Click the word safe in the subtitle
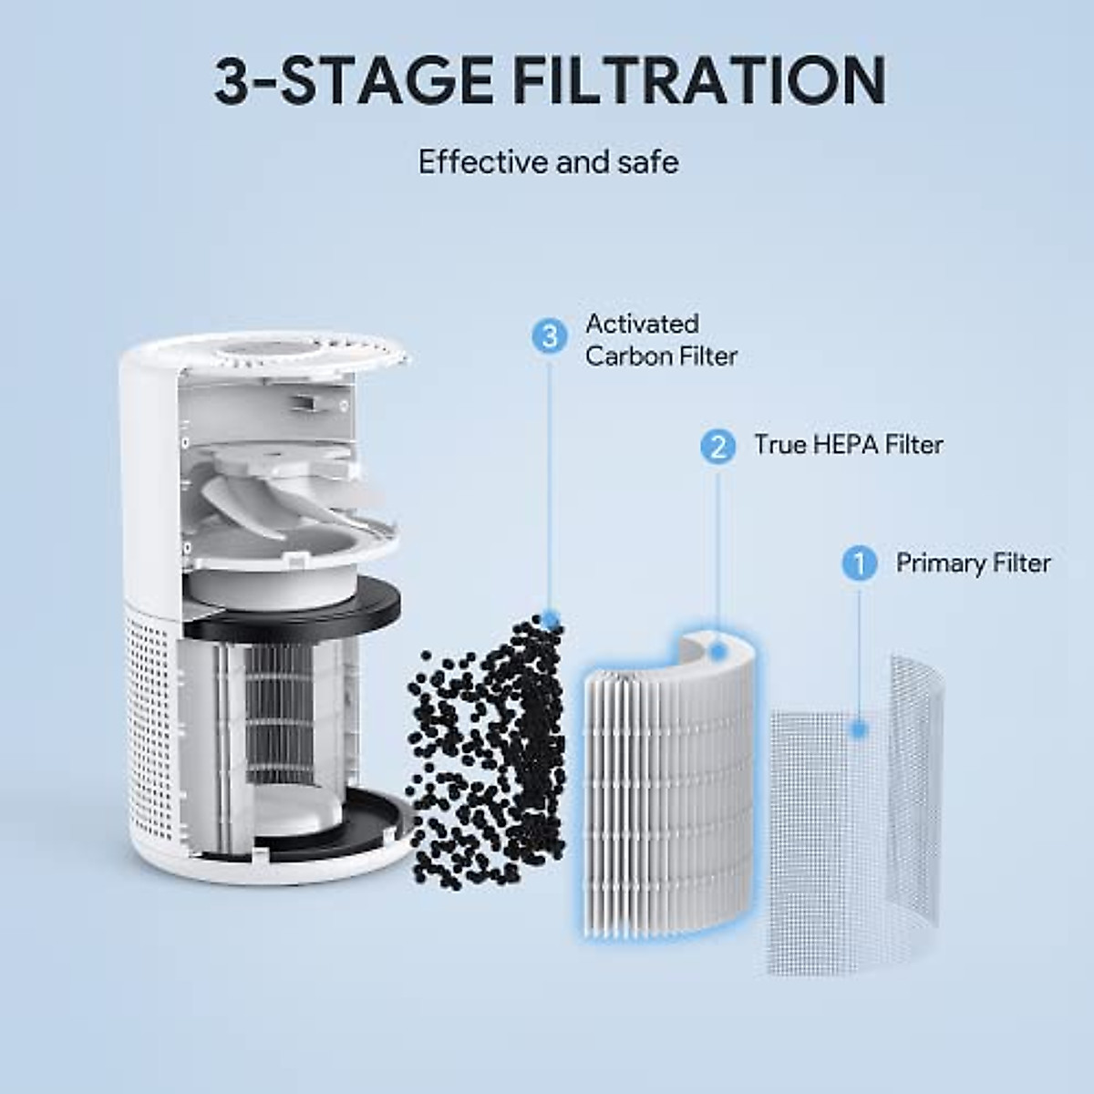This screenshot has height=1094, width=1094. [645, 162]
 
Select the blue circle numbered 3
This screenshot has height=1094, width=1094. [549, 336]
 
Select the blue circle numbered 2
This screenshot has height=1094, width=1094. [718, 446]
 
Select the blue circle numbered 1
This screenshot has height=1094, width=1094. [859, 563]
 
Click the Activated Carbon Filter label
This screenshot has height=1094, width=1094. [660, 339]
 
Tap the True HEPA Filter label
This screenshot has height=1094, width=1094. [847, 445]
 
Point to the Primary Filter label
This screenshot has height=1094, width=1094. [973, 562]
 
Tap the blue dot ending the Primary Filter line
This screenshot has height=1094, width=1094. [859, 728]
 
